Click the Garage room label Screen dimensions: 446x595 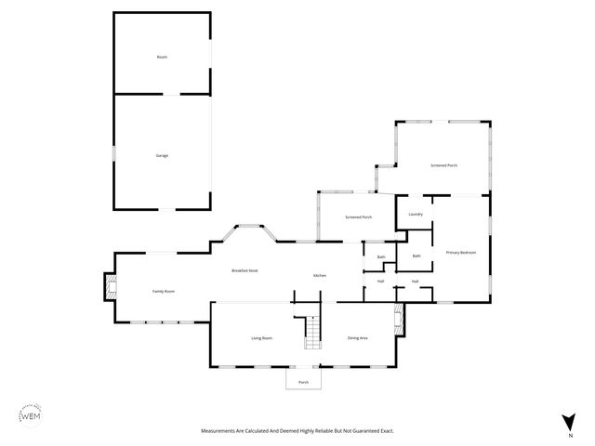(162, 155)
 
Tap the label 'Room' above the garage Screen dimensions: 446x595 (162, 58)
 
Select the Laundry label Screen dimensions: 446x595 (416, 215)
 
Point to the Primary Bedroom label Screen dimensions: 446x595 (461, 253)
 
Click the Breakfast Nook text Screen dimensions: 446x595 (245, 270)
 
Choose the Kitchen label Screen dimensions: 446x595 (319, 276)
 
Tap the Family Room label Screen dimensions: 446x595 (164, 292)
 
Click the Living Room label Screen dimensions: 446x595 (261, 338)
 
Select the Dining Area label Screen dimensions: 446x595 (358, 338)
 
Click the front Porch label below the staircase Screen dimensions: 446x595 (303, 382)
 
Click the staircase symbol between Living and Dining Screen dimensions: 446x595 (314, 333)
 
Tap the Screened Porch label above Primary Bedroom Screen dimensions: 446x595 (443, 164)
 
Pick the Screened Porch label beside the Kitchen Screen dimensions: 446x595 (358, 217)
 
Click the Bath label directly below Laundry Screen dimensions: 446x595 (416, 256)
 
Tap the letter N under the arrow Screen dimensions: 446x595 (569, 435)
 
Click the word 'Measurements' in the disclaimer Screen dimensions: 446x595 (220, 430)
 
